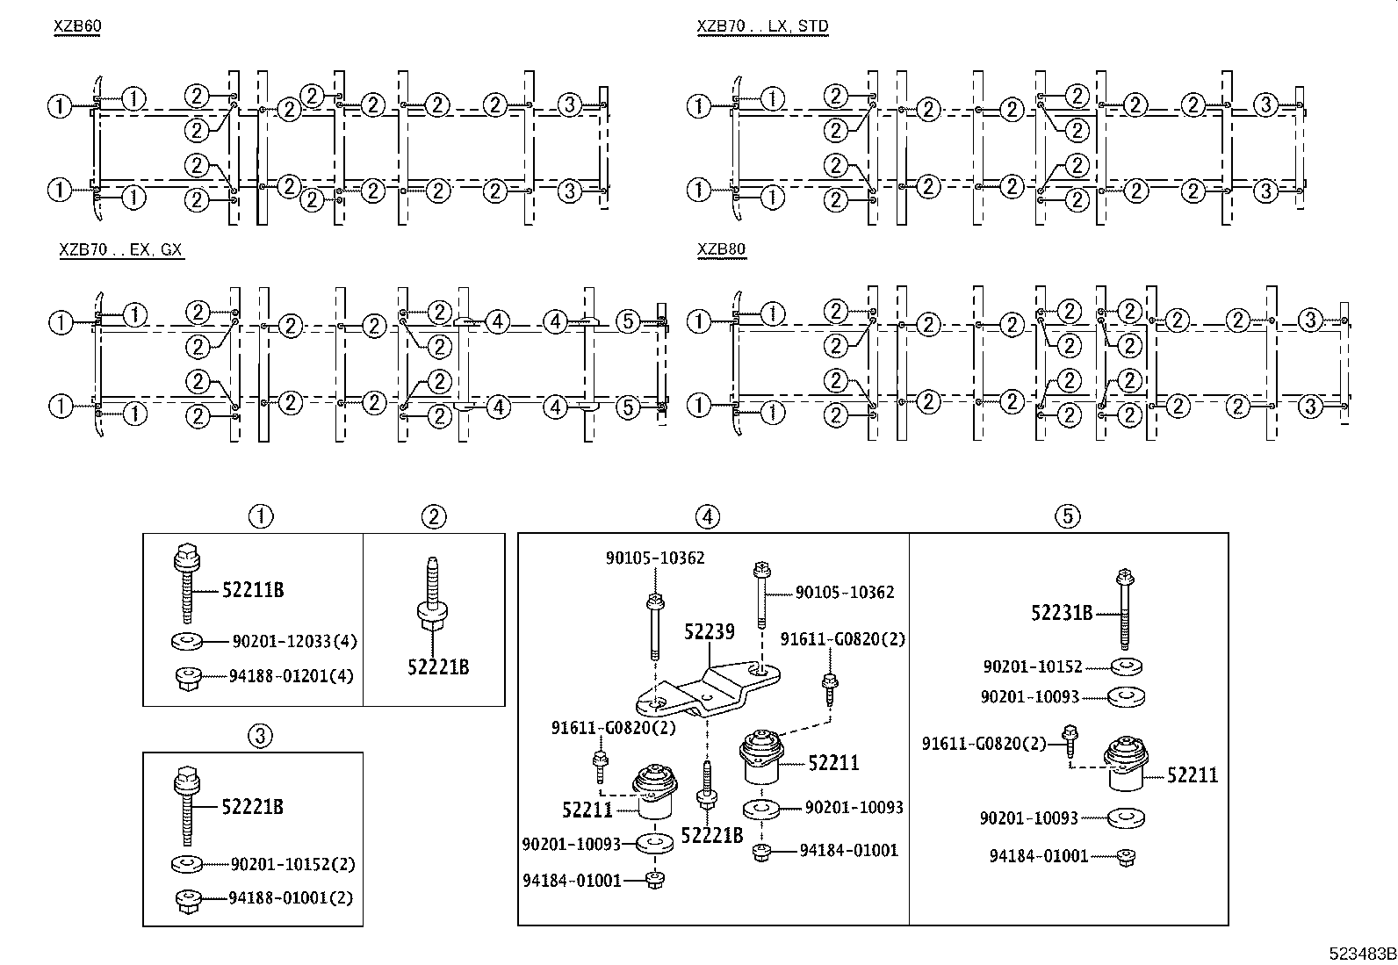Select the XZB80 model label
[721, 249]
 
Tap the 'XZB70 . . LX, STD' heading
[762, 26]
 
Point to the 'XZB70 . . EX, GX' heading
[120, 249]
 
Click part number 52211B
[252, 590]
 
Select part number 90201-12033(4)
[294, 642]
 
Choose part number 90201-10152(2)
[292, 864]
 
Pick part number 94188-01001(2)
[291, 898]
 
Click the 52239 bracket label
[710, 631]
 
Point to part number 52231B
[1062, 613]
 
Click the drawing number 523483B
[1362, 954]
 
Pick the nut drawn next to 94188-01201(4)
[185, 677]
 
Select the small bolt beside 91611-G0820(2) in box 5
[1070, 738]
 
